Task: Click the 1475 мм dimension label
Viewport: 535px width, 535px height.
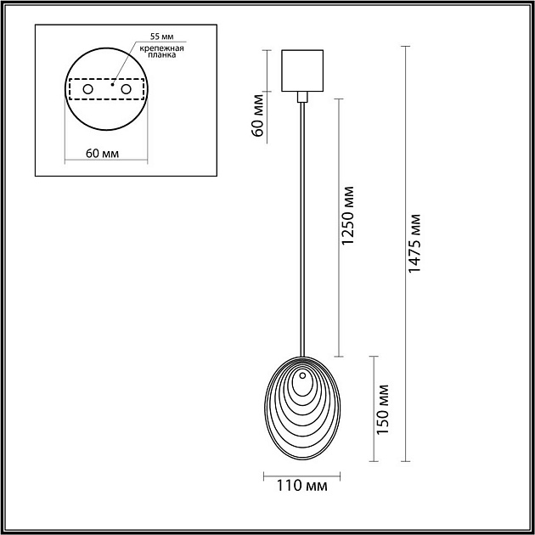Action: pyautogui.click(x=414, y=242)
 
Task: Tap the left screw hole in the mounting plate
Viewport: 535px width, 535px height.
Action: pyautogui.click(x=87, y=89)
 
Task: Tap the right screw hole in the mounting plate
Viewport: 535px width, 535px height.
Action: pyautogui.click(x=126, y=89)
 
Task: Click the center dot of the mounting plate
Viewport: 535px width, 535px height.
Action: pyautogui.click(x=111, y=85)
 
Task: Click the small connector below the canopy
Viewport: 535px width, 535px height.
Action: pyautogui.click(x=302, y=98)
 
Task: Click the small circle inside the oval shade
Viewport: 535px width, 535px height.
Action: pyautogui.click(x=302, y=374)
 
